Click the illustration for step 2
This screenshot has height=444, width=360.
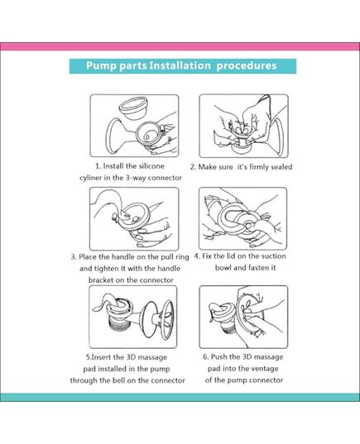pos(242,125)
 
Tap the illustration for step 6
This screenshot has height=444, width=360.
pos(242,317)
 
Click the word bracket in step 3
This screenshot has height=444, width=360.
pos(104,280)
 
